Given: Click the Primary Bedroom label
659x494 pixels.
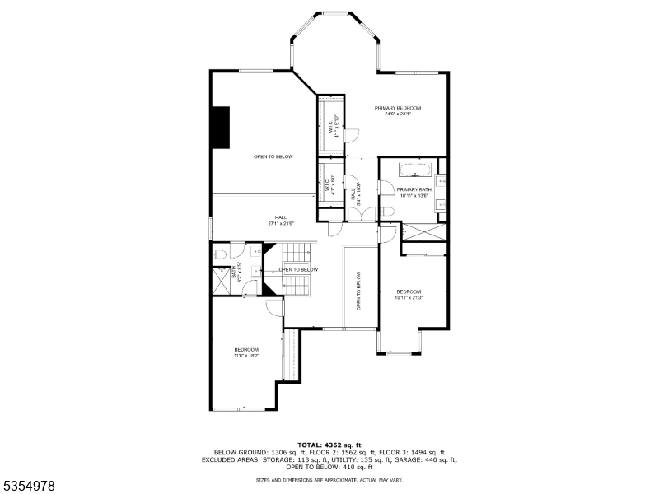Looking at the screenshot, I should (398, 109).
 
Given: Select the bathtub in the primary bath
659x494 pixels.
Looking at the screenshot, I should (415, 170).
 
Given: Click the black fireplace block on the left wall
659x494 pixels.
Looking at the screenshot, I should (221, 128).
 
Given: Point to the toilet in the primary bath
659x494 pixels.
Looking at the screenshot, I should (389, 212).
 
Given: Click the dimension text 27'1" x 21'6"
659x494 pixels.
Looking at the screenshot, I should (281, 223).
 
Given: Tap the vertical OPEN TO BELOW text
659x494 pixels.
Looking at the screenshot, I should (359, 291).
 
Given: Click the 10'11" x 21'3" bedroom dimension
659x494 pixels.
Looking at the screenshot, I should (409, 297).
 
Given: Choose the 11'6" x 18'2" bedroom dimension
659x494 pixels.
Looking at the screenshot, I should (246, 356).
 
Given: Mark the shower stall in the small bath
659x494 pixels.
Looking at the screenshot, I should (222, 282).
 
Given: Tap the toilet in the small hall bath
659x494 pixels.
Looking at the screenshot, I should (221, 256).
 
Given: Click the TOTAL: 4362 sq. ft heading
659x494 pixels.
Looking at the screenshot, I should (329, 445).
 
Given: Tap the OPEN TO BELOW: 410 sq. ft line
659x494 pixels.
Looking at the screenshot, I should (329, 467).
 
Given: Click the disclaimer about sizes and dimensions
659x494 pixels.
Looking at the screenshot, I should (329, 479).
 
